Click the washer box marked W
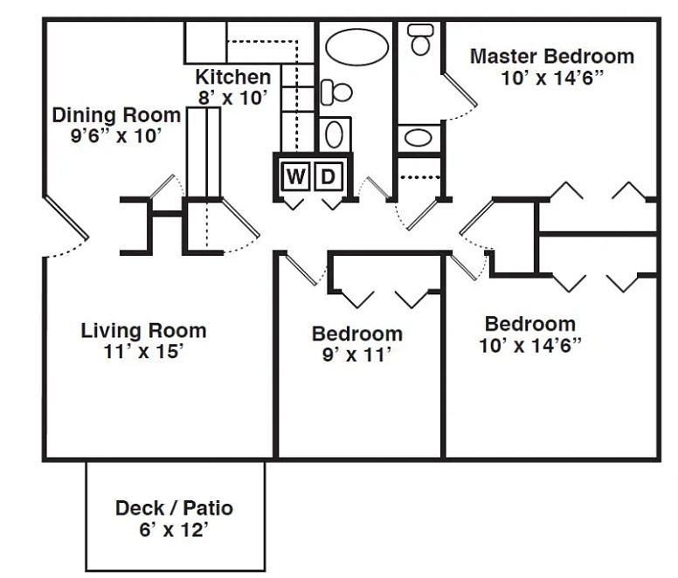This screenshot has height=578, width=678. point(296,176)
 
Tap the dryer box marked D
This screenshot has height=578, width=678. point(329,176)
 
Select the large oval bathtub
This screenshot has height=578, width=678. point(356,47)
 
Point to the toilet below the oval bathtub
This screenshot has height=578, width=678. point(337,92)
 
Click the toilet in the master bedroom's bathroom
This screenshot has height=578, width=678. point(420,39)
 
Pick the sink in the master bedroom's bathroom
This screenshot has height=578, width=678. point(419,138)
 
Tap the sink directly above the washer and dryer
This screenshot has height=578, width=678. point(335,134)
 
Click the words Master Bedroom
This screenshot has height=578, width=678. point(551,56)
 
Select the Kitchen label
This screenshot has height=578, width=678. point(233,77)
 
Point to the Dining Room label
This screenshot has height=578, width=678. point(116,115)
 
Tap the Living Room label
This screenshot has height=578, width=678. point(143,330)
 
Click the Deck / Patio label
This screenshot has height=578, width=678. point(174,508)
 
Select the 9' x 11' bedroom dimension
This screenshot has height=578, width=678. point(356,354)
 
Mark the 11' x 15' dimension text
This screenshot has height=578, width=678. point(143,351)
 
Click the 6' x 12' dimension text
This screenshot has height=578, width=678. point(174,530)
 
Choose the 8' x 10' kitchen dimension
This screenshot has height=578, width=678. point(232,98)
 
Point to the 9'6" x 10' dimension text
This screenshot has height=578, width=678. point(116,135)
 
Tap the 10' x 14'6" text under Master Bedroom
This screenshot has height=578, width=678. point(551,79)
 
